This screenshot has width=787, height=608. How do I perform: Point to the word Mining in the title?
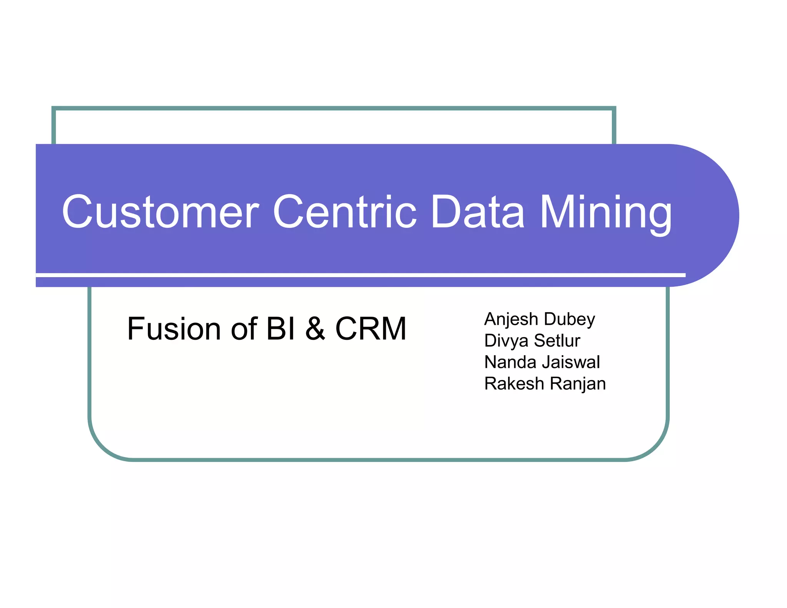click(606, 213)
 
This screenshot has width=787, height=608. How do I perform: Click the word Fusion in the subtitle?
click(174, 329)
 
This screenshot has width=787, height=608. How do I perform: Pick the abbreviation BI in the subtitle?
click(281, 329)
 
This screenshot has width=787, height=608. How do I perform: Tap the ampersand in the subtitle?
click(315, 329)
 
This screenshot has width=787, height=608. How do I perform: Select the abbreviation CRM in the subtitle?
click(371, 329)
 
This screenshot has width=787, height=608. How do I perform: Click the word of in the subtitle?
click(244, 329)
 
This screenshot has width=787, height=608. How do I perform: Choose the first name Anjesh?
click(511, 319)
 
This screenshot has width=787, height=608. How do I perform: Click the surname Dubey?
click(569, 319)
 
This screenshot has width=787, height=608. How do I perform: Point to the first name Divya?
click(506, 341)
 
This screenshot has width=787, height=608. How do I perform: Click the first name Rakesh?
click(514, 384)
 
